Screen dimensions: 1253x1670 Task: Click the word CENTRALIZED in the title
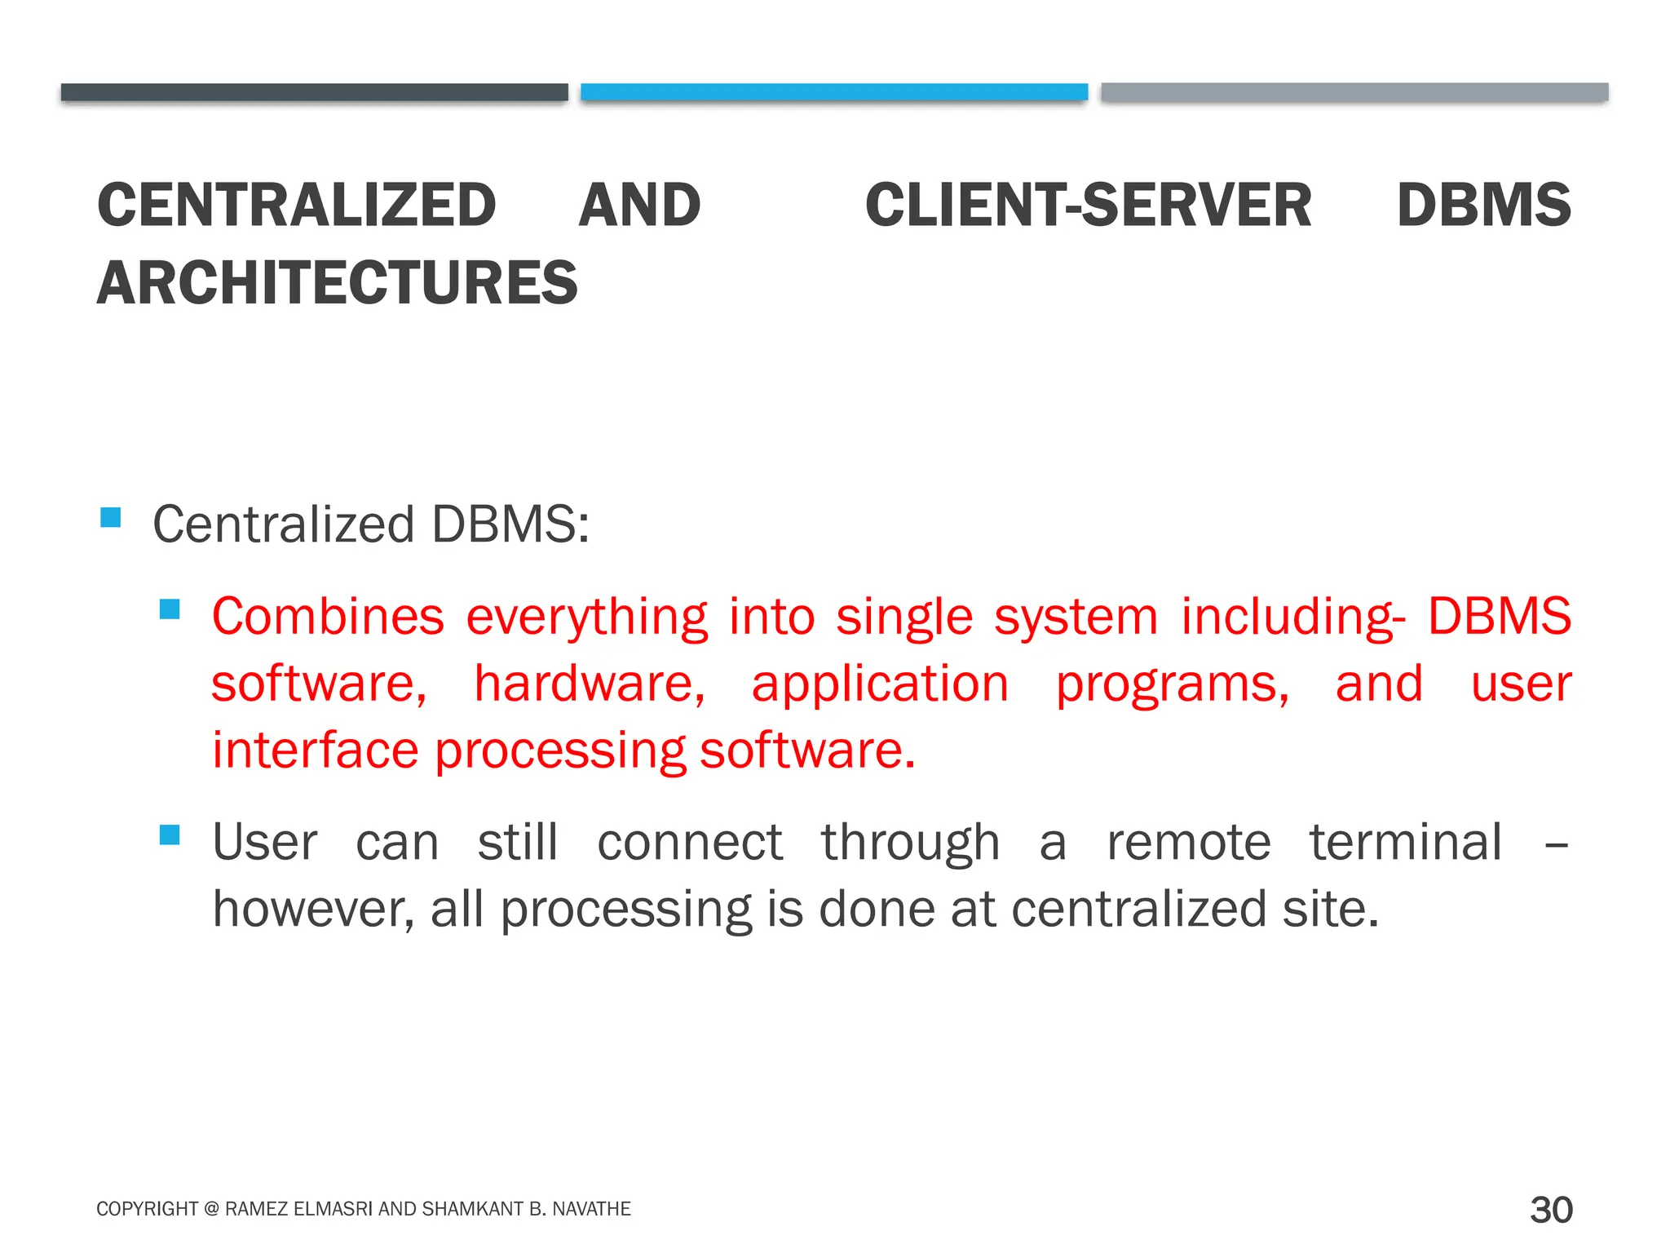pyautogui.click(x=296, y=205)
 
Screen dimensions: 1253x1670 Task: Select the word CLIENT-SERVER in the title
pyautogui.click(x=1088, y=205)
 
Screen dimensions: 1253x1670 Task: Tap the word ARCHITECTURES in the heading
pyautogui.click(x=337, y=283)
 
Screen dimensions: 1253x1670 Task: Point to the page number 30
pyautogui.click(x=1550, y=1209)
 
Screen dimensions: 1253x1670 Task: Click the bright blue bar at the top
pyautogui.click(x=833, y=92)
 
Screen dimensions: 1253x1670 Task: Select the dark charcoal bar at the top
pyautogui.click(x=314, y=92)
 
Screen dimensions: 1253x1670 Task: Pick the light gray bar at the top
pyautogui.click(x=1354, y=92)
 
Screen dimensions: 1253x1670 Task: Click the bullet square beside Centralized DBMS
pyautogui.click(x=111, y=517)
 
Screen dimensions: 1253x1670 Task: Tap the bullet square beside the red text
pyautogui.click(x=170, y=609)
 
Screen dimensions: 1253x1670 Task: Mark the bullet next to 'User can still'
pyautogui.click(x=170, y=835)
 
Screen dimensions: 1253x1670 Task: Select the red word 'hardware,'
pyautogui.click(x=590, y=684)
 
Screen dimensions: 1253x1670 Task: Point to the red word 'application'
pyautogui.click(x=880, y=685)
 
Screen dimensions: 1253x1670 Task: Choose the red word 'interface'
pyautogui.click(x=315, y=750)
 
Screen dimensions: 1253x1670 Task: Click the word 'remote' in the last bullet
pyautogui.click(x=1188, y=842)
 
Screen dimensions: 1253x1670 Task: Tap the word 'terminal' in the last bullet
pyautogui.click(x=1405, y=842)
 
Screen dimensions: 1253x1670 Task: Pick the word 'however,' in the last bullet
pyautogui.click(x=313, y=909)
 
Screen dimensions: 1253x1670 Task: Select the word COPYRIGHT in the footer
pyautogui.click(x=147, y=1209)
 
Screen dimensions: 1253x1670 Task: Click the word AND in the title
pyautogui.click(x=639, y=205)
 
